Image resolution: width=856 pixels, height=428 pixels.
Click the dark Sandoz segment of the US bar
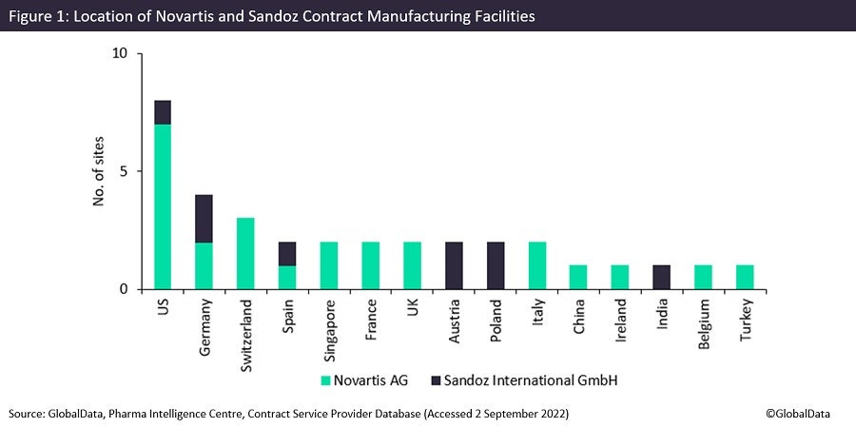tap(163, 112)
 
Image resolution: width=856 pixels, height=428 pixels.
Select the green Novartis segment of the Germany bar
tap(204, 265)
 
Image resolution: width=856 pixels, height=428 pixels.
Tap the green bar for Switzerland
tap(245, 253)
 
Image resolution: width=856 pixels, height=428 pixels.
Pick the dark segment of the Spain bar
tap(287, 254)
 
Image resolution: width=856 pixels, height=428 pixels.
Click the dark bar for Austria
tap(454, 265)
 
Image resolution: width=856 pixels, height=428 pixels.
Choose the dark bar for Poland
tap(496, 265)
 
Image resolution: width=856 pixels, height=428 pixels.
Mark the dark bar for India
tap(662, 277)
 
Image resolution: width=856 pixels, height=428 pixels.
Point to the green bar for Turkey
tap(745, 277)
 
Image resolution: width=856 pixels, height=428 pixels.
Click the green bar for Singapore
tap(329, 265)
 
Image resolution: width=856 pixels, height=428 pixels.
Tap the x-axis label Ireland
tap(621, 324)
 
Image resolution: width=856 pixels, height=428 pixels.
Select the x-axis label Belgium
tap(704, 326)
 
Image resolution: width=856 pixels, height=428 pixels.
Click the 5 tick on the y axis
tap(124, 171)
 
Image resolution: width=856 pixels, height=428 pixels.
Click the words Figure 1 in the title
tap(39, 15)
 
